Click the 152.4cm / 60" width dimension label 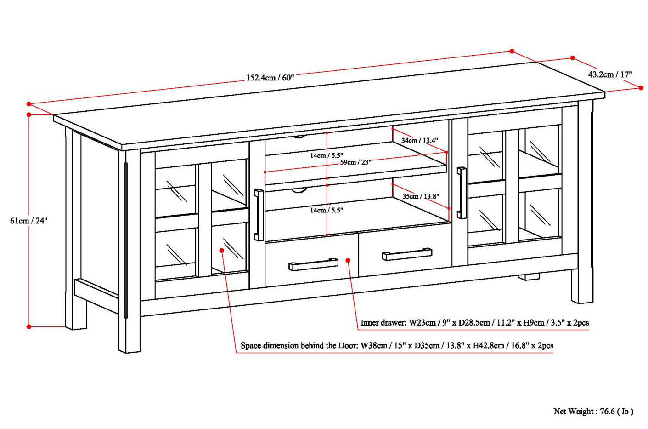point(270,77)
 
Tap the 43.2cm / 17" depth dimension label point(610,74)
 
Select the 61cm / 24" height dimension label point(29,221)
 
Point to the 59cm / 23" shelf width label point(355,162)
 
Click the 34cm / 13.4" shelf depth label point(419,140)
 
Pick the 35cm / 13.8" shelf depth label point(420,196)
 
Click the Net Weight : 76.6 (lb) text point(593,412)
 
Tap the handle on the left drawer point(313,264)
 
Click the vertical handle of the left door point(259,215)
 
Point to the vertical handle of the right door point(462,193)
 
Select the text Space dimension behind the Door point(299,346)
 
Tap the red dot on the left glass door point(222,250)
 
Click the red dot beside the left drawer point(348,261)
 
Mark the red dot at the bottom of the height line point(29,327)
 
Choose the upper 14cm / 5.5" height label point(327,155)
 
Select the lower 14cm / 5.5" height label point(327,210)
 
